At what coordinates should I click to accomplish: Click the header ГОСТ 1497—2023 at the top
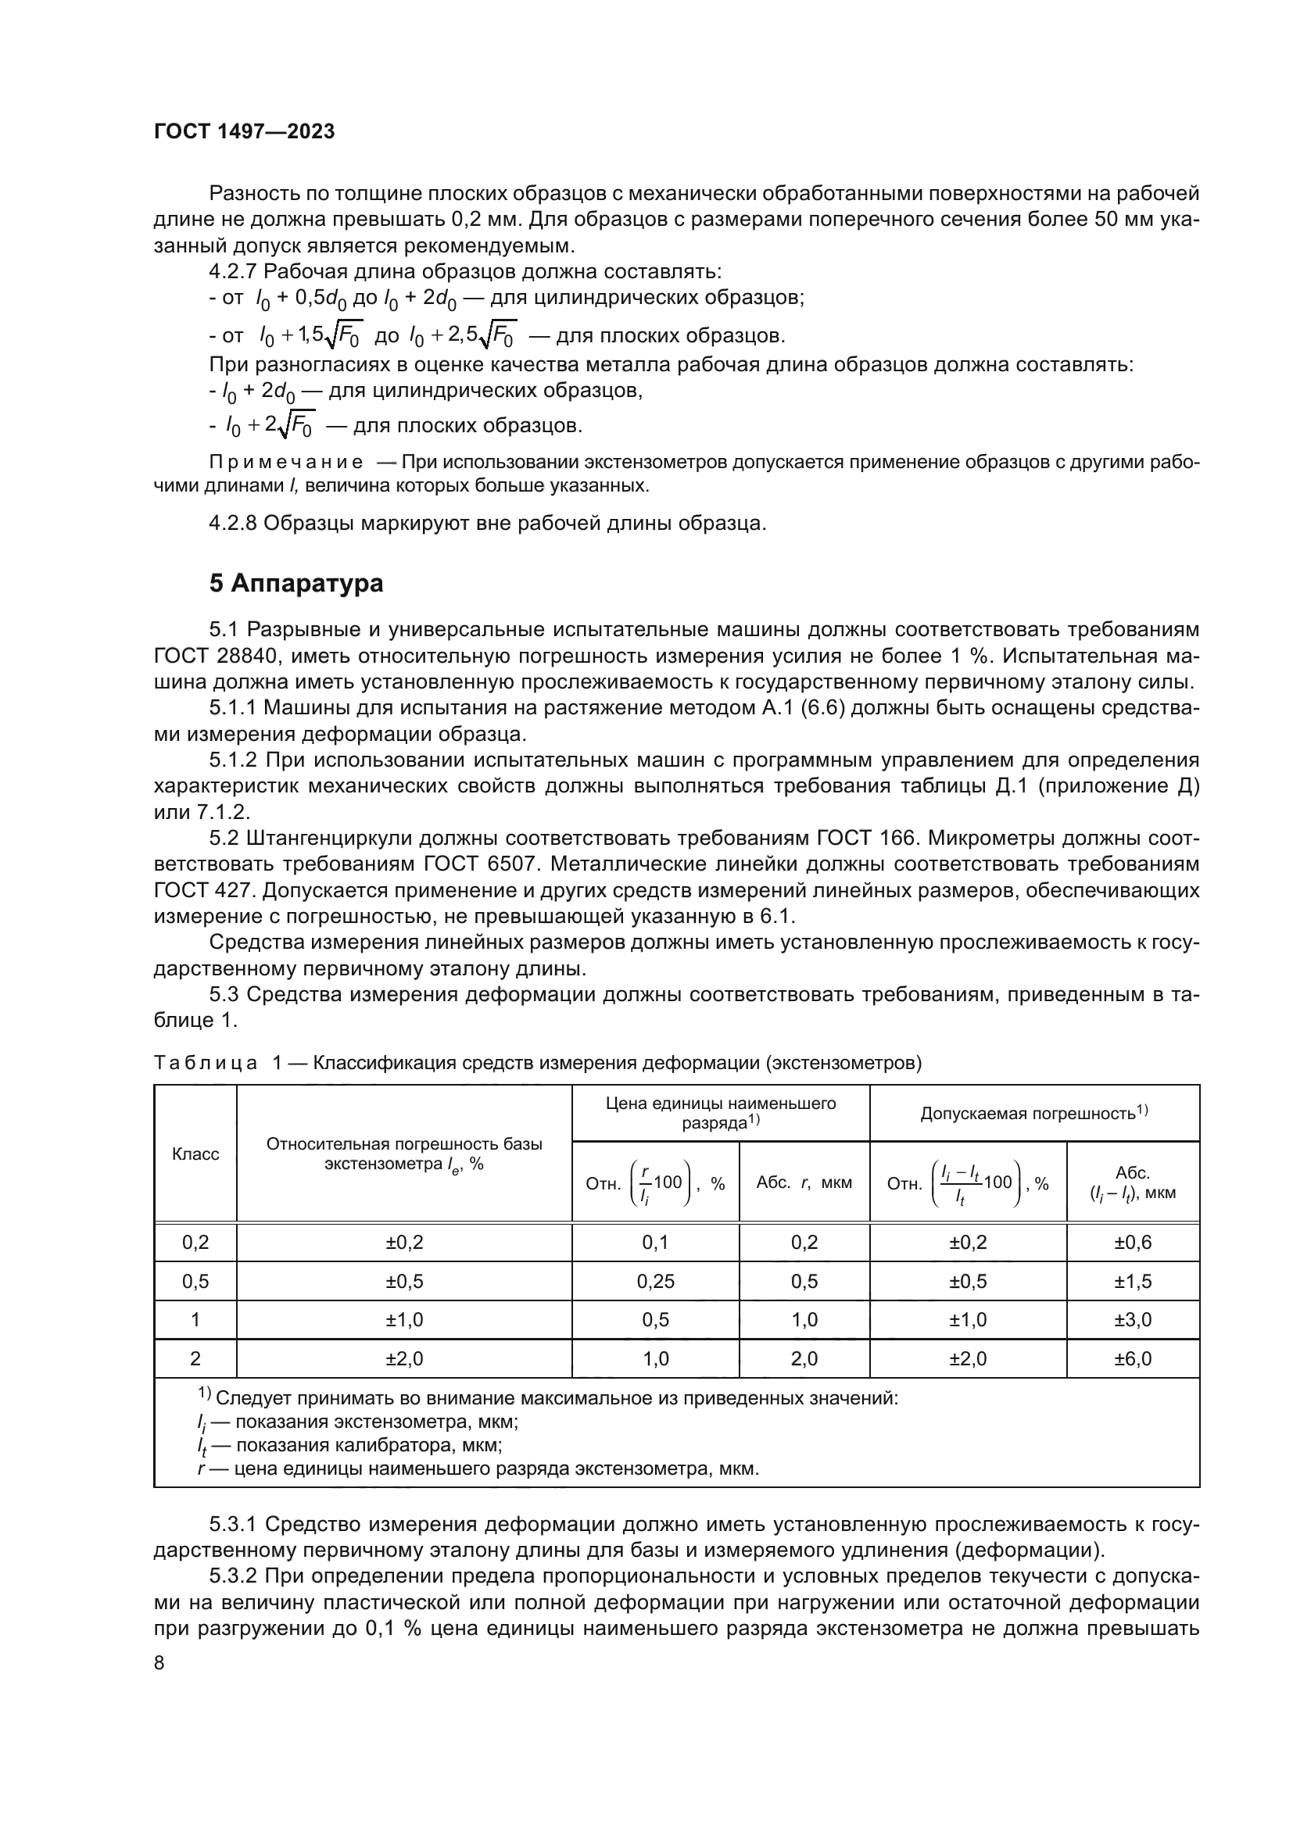[x=244, y=132]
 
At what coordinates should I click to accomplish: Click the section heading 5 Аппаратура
[x=295, y=584]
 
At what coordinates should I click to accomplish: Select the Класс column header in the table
[x=195, y=1154]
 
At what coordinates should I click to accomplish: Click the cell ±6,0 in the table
[x=1132, y=1359]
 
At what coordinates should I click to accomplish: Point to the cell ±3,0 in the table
[x=1132, y=1320]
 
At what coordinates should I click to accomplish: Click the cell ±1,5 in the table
[x=1132, y=1282]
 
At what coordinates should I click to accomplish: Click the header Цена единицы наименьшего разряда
[x=721, y=1113]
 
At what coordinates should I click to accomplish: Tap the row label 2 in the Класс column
[x=195, y=1359]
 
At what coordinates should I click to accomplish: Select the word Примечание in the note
[x=286, y=463]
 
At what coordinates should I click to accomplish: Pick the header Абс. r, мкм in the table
[x=804, y=1182]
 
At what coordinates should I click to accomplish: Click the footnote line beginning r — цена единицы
[x=478, y=1469]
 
